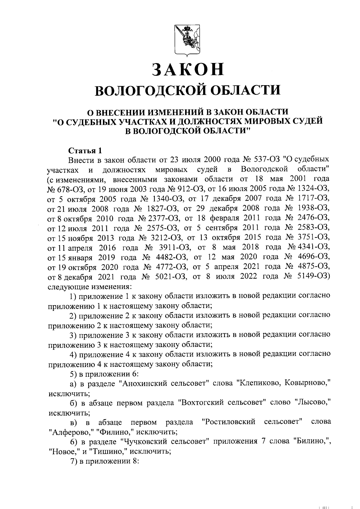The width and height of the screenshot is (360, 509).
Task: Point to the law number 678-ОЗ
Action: [62, 189]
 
